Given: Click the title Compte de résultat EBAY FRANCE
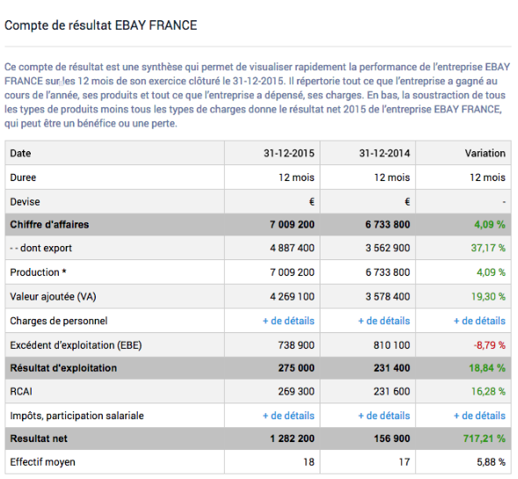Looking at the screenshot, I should pos(101,25).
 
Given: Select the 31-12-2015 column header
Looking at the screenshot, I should pos(289,153).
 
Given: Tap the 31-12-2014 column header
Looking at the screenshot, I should pos(384,153).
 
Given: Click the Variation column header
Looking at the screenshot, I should pos(485,153).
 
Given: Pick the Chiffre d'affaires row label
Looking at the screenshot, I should pos(49,225).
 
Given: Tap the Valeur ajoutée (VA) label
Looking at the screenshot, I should pos(53,296).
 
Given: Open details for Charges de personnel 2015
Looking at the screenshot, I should pos(288,321).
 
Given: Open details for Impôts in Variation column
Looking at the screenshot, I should pos(479,416).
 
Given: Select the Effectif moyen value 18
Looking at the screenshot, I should pos(307,461).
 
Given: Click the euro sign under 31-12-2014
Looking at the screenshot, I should pos(406,201).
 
